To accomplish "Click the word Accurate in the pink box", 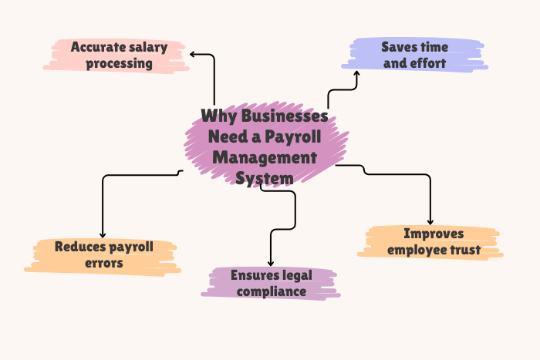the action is click(99, 47).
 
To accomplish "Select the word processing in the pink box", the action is click(119, 64).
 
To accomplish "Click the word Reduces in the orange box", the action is click(79, 247).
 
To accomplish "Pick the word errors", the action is click(104, 264).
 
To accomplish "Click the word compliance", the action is click(272, 292).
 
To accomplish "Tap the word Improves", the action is click(434, 234).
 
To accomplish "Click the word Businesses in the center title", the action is click(285, 116).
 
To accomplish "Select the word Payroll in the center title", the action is click(293, 137).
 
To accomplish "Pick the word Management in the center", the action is click(265, 157).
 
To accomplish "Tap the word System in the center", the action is click(265, 179).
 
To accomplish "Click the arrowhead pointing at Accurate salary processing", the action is click(192, 54).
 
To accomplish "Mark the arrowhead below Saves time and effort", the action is click(356, 73).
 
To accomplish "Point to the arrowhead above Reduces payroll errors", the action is click(103, 235).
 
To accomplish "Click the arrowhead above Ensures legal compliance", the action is click(271, 264).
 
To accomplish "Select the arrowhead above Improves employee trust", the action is click(430, 222).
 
